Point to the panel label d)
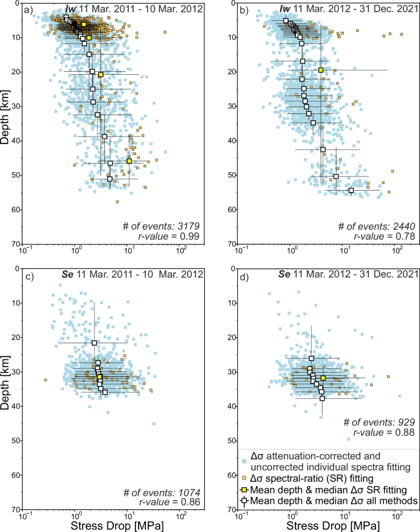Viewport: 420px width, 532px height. tap(245, 275)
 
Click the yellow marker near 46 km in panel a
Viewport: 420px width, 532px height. tap(129, 161)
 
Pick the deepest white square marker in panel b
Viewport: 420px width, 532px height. tap(351, 190)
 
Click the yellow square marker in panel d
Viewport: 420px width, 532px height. tap(323, 378)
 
